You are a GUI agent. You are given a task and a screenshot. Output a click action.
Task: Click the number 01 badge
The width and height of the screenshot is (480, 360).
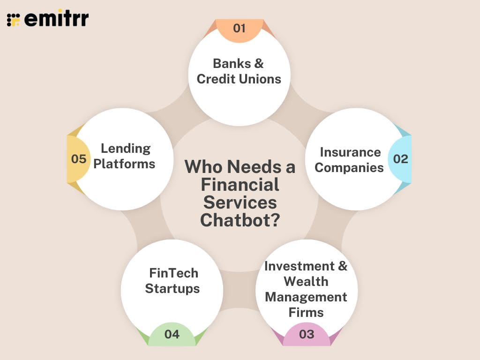pyautogui.click(x=239, y=29)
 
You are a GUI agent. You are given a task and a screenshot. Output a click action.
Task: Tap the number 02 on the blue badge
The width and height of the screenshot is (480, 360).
pyautogui.click(x=400, y=159)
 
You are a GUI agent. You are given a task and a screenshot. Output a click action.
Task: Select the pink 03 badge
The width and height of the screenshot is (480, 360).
pyautogui.click(x=306, y=334)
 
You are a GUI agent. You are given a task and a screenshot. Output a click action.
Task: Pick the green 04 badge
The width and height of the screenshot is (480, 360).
pyautogui.click(x=172, y=334)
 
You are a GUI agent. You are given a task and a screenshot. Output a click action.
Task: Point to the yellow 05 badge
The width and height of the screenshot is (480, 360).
pyautogui.click(x=79, y=159)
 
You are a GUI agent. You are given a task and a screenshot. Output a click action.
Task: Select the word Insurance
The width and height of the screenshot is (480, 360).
pyautogui.click(x=350, y=152)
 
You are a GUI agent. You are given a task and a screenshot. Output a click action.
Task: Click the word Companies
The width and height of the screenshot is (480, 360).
pyautogui.click(x=349, y=167)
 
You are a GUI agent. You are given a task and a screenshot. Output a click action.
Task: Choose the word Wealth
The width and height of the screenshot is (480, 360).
pyautogui.click(x=306, y=281)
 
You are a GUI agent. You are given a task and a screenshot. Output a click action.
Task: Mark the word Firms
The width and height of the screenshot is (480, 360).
pyautogui.click(x=306, y=312)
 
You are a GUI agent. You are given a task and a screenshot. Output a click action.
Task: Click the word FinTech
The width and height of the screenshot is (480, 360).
pyautogui.click(x=173, y=273)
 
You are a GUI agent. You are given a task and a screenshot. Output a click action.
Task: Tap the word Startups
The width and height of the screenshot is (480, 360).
pyautogui.click(x=172, y=288)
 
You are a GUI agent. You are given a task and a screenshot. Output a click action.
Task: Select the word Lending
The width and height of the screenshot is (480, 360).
pyautogui.click(x=126, y=149)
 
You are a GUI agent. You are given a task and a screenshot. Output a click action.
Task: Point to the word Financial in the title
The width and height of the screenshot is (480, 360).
pyautogui.click(x=240, y=185)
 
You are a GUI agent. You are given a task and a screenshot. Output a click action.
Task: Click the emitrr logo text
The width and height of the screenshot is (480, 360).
pyautogui.click(x=56, y=19)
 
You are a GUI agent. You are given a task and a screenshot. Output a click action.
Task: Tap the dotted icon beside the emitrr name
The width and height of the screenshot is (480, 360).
pyautogui.click(x=14, y=19)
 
